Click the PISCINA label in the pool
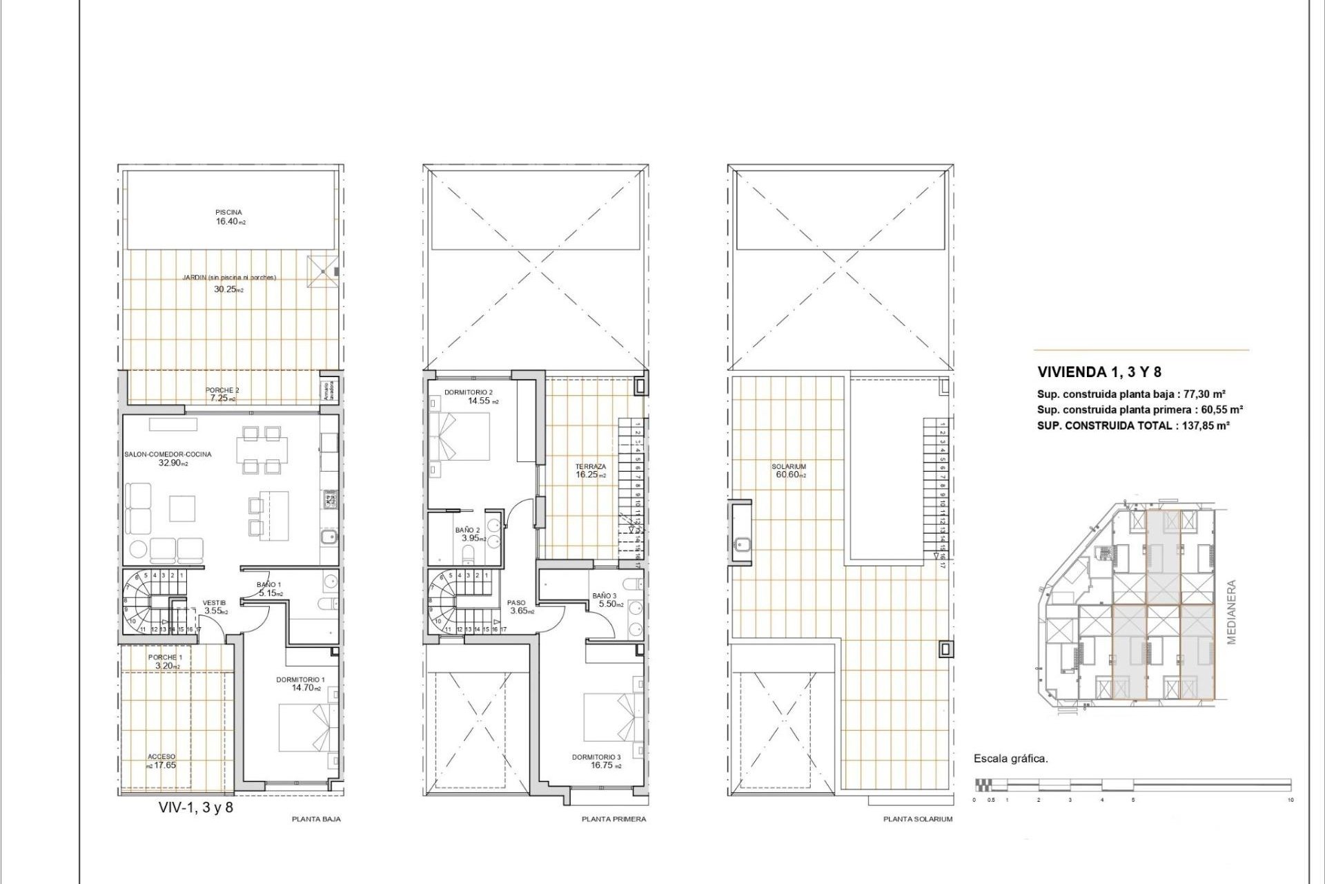tap(228, 212)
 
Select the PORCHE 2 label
tap(222, 390)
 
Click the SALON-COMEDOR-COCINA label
tap(168, 454)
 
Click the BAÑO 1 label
tap(268, 584)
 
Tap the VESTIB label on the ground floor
tap(214, 603)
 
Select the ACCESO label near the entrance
tap(161, 757)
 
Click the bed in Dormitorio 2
tap(459, 436)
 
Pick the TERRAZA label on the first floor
tap(591, 467)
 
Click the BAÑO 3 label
tap(605, 595)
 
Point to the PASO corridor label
tap(516, 603)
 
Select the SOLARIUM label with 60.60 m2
tap(789, 467)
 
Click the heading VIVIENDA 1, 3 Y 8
tap(1099, 372)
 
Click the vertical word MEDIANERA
tap(1231, 612)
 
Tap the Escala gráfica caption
tap(1010, 758)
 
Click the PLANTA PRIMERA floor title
tap(614, 819)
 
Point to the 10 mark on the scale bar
tap(1290, 800)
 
